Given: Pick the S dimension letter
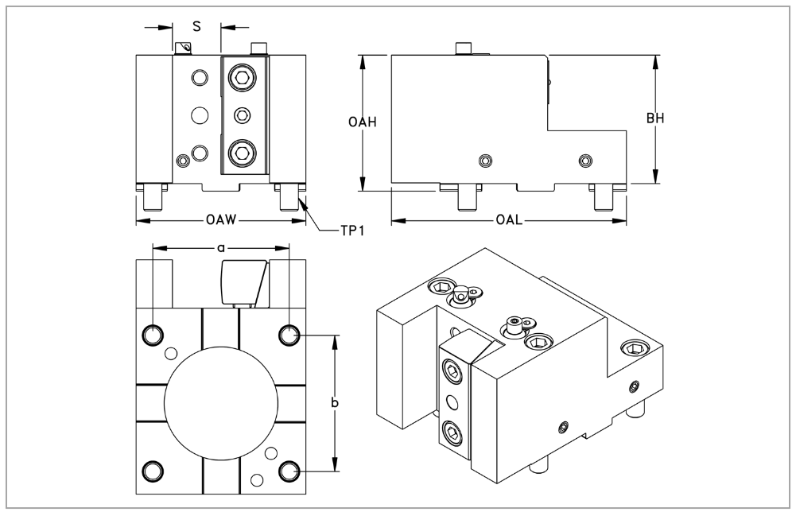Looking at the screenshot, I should (x=196, y=26).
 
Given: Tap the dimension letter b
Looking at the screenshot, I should (x=336, y=404).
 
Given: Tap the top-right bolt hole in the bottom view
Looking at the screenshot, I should (x=289, y=335).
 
